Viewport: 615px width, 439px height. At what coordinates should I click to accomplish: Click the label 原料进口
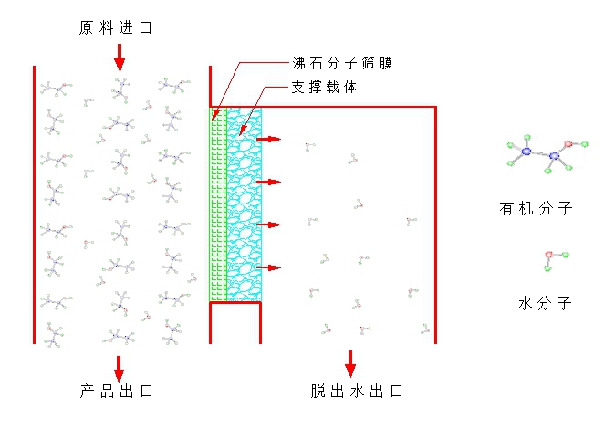point(114,28)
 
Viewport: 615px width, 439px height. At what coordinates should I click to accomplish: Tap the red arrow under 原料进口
point(120,58)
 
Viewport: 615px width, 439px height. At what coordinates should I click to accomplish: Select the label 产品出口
point(114,392)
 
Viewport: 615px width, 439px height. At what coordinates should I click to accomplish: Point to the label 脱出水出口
point(356,392)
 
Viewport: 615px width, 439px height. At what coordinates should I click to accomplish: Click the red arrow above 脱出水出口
point(349,363)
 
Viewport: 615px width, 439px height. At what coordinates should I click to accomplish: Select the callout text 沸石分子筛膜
point(340,64)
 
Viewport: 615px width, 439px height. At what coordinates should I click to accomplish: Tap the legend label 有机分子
point(536,208)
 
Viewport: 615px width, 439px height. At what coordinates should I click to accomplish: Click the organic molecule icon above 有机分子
point(546,152)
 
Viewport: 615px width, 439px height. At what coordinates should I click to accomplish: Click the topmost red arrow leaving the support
point(269,139)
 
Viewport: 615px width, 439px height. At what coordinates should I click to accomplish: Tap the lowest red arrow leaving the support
point(269,267)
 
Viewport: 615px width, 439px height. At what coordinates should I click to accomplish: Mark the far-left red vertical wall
point(35,205)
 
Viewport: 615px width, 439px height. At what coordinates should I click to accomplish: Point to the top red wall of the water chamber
point(347,108)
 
